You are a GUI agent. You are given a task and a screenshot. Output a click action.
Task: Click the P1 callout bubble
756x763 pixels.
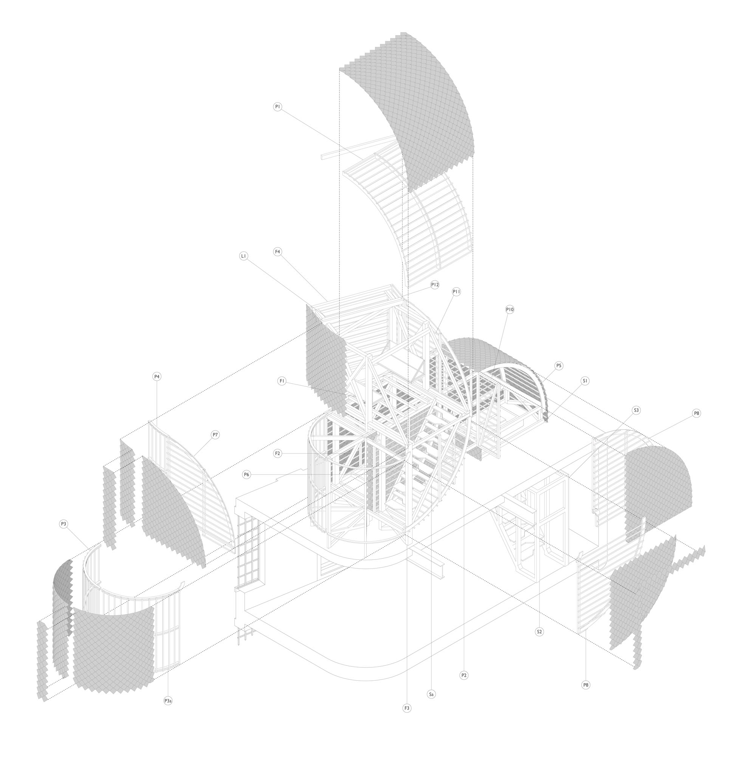278,107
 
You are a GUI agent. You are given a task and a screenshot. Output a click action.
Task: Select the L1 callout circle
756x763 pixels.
244,256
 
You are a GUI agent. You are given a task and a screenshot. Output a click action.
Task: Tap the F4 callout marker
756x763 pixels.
278,252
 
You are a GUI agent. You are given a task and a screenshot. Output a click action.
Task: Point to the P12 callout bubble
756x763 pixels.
435,285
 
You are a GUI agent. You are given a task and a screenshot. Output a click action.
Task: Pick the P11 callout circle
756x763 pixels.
457,292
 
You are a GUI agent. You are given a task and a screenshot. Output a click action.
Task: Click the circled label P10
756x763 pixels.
510,310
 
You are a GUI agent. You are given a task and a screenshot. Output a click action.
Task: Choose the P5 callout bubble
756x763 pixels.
559,366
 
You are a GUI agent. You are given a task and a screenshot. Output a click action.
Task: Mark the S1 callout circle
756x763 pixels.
585,381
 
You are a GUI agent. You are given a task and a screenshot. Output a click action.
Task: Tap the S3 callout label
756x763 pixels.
636,410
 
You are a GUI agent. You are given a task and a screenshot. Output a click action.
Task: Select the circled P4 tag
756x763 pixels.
157,377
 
